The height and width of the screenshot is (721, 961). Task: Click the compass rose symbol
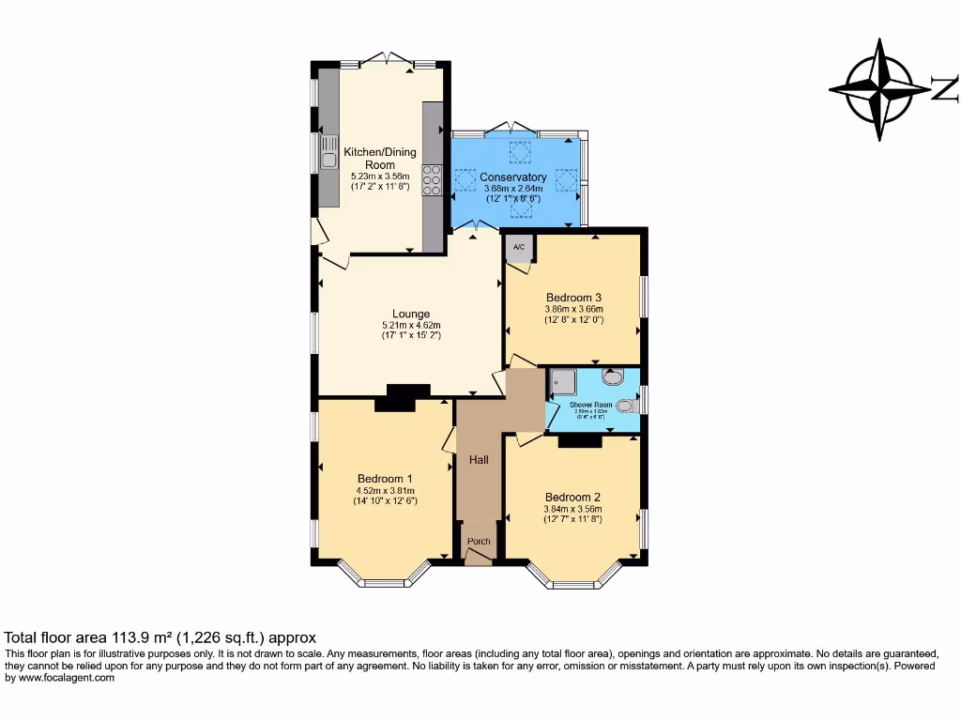click(879, 90)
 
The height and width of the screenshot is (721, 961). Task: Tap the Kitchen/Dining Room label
click(380, 158)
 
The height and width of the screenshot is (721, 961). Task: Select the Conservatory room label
click(512, 177)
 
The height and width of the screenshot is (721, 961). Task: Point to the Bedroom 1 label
click(384, 479)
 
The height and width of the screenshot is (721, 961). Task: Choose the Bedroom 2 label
click(572, 498)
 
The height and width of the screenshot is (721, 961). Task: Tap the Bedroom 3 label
click(573, 298)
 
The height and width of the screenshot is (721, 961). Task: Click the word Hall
click(479, 460)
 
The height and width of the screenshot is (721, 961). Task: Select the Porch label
click(479, 542)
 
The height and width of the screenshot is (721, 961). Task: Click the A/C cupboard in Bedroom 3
click(519, 249)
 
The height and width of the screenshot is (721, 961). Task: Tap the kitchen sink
click(328, 153)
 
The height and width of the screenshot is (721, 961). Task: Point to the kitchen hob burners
click(433, 177)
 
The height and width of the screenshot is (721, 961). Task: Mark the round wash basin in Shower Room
click(613, 377)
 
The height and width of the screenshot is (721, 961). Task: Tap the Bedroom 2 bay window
click(573, 575)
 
